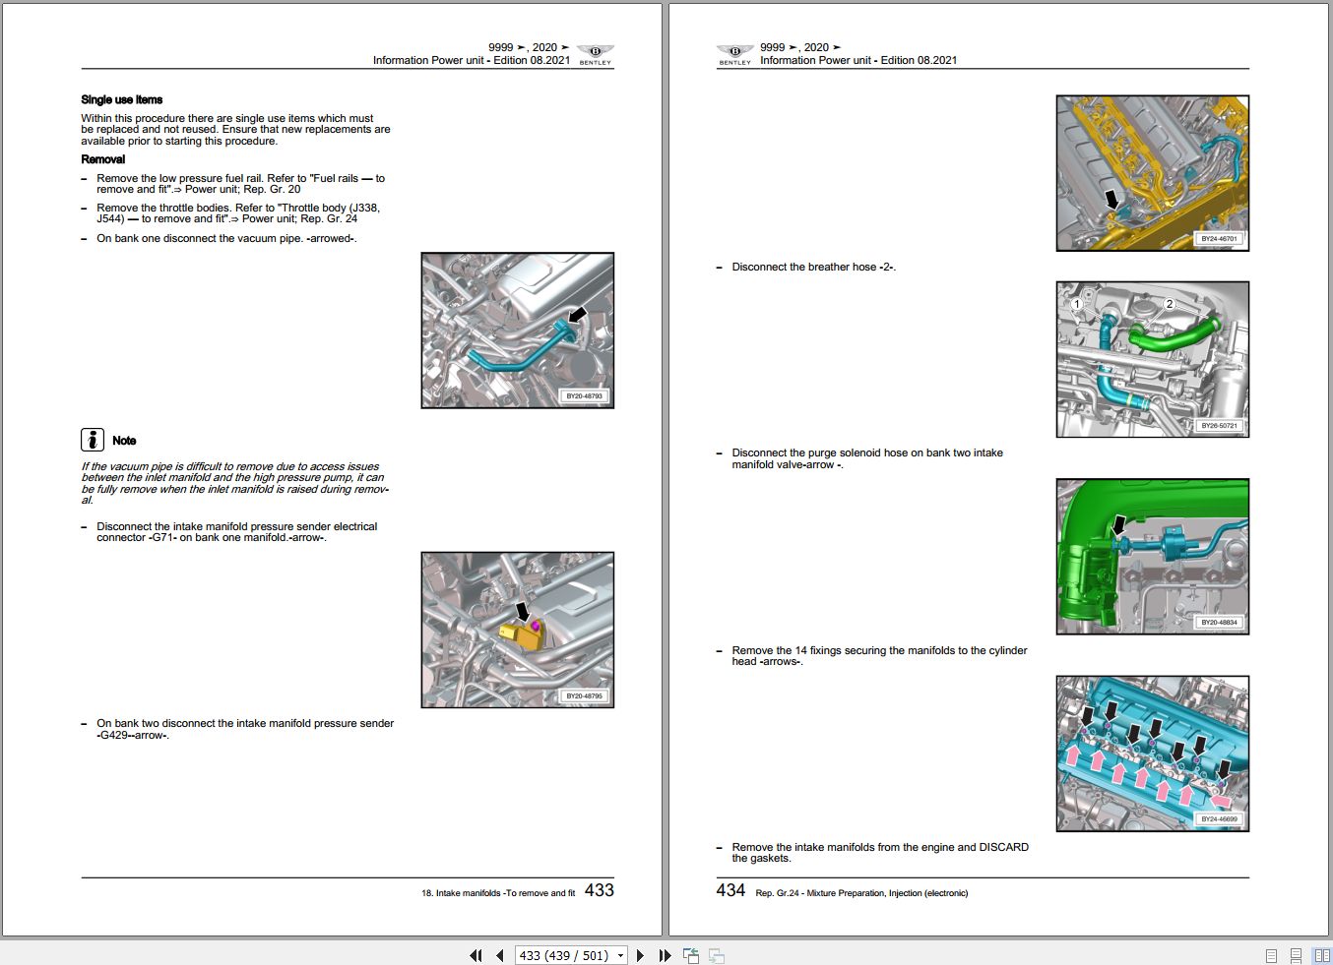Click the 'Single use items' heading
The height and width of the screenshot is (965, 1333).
[x=121, y=99]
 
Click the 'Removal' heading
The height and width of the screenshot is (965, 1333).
[x=102, y=159]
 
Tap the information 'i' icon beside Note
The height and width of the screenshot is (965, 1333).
[x=92, y=440]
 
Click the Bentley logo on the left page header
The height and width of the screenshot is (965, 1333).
[x=595, y=54]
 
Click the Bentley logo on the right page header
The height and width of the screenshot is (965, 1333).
[x=734, y=54]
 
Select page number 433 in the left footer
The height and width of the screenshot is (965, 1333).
[x=599, y=890]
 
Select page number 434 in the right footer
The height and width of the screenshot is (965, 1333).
[x=730, y=890]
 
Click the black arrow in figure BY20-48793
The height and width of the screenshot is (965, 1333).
[x=577, y=314]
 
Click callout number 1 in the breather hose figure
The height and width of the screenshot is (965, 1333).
[x=1077, y=304]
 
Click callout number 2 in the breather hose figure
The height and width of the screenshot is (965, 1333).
[x=1169, y=304]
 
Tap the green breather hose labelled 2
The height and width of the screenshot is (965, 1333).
[x=1176, y=336]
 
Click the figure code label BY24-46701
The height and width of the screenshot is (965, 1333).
[x=1218, y=239]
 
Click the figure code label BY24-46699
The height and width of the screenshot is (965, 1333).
[x=1218, y=819]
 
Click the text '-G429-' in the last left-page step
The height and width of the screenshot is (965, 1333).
[x=113, y=735]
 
